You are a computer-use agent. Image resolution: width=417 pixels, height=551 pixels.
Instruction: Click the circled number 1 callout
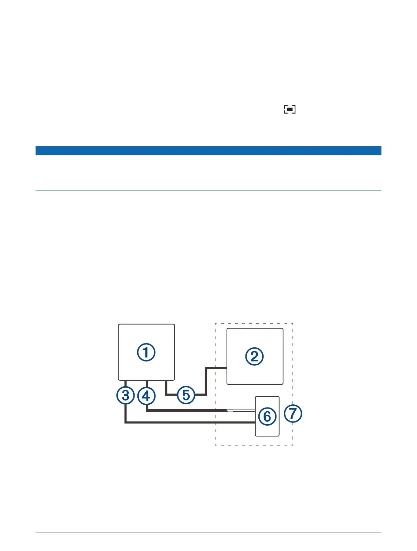click(x=146, y=352)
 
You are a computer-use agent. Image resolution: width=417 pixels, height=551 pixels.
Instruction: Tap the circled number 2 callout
click(x=255, y=356)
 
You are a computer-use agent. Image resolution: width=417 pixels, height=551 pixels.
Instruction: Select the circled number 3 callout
click(x=126, y=395)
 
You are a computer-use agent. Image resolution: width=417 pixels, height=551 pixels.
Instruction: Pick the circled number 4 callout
click(x=146, y=396)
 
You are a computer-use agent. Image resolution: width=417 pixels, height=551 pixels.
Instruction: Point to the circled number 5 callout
click(x=186, y=395)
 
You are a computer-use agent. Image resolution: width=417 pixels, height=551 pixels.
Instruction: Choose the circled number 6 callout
click(x=267, y=416)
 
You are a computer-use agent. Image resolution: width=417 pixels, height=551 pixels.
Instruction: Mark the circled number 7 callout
click(x=293, y=413)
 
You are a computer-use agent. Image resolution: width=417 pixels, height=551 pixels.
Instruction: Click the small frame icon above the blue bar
click(x=289, y=109)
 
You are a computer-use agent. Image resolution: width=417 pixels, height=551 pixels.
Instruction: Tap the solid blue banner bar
click(x=208, y=150)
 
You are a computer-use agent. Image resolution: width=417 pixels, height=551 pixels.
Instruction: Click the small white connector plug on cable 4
click(x=229, y=411)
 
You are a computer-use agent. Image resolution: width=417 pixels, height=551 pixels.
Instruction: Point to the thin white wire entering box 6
click(x=244, y=411)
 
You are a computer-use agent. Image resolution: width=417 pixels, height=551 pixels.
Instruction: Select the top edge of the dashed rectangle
click(x=254, y=323)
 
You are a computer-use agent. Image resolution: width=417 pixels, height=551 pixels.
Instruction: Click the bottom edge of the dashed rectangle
click(x=254, y=445)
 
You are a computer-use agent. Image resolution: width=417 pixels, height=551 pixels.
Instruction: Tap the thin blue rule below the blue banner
click(x=208, y=191)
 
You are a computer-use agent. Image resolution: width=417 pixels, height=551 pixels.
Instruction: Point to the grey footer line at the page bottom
click(x=208, y=533)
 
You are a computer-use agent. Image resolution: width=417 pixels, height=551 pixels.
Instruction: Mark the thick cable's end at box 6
click(x=253, y=422)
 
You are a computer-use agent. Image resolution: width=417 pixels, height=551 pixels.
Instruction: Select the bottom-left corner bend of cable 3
click(x=126, y=422)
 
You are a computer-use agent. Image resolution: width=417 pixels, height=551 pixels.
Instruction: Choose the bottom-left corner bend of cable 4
click(x=146, y=410)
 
